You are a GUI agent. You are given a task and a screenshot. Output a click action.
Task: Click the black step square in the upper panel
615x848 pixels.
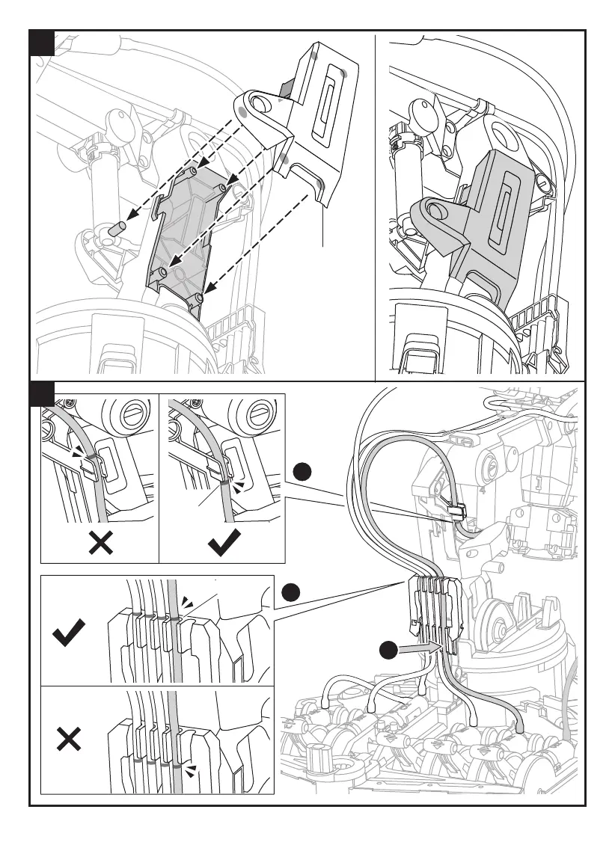coord(42,43)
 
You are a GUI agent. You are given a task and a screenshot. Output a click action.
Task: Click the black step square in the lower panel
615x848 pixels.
coord(42,393)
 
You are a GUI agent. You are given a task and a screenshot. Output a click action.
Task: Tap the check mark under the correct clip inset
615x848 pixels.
coord(224,542)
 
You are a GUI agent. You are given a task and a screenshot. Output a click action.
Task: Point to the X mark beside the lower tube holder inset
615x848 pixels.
coord(68,740)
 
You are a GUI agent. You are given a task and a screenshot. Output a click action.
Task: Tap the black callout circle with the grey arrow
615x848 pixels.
coord(388,651)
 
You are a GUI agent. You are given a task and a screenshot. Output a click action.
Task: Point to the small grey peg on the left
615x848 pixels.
coord(117,229)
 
